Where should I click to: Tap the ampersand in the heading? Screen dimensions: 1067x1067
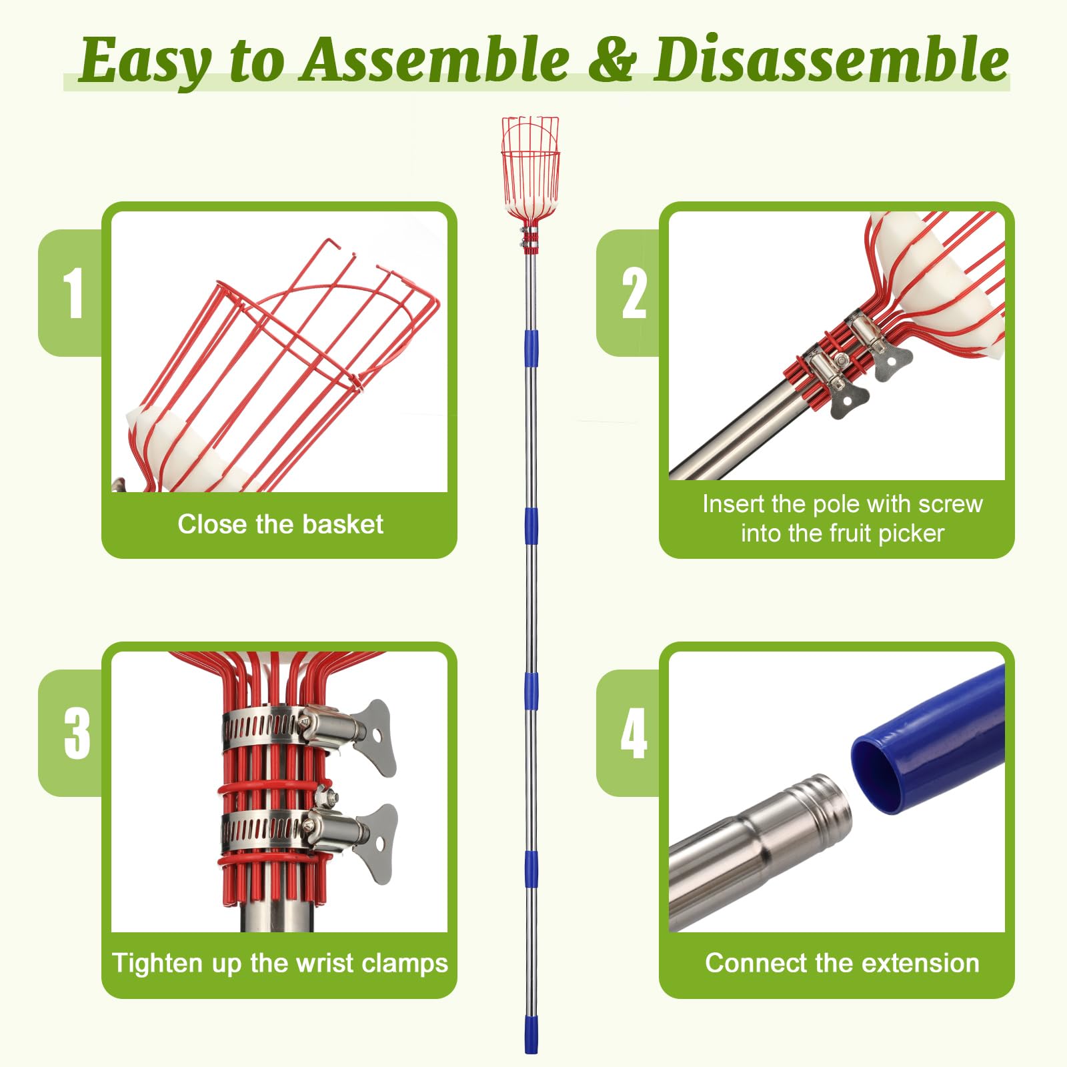(x=612, y=60)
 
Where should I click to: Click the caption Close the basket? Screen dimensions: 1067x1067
(x=280, y=524)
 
